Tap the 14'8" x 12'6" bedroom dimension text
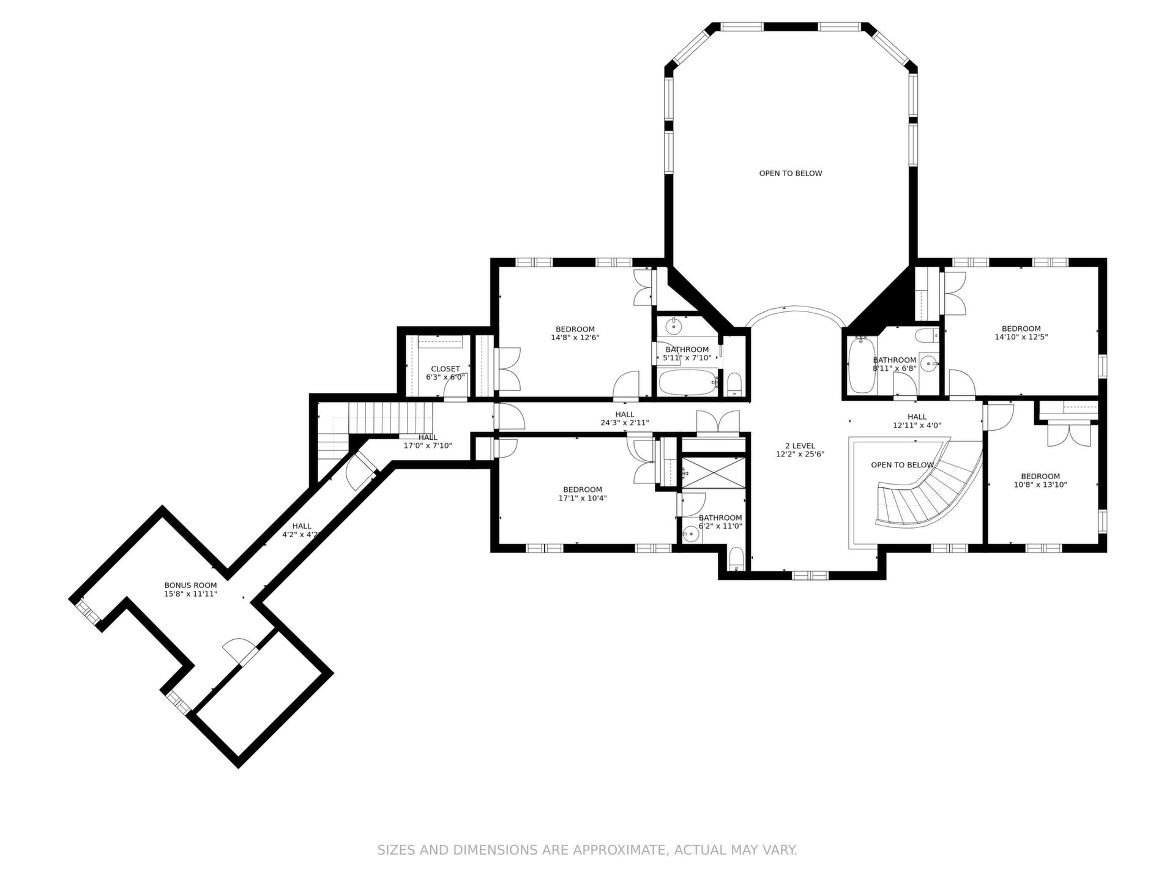click(x=575, y=337)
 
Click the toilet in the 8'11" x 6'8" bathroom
click(x=928, y=335)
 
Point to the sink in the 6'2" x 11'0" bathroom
click(x=691, y=534)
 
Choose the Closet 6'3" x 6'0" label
click(x=446, y=373)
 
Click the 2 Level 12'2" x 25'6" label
click(x=800, y=450)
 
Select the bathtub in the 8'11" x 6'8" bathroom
click(x=862, y=366)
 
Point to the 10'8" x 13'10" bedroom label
click(x=1040, y=481)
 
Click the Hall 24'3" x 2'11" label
click(x=625, y=418)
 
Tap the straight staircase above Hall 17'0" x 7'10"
click(x=390, y=418)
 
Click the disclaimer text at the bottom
click(x=587, y=850)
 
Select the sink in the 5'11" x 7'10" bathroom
click(x=674, y=325)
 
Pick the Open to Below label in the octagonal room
click(x=791, y=173)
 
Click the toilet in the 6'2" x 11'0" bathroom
click(x=736, y=560)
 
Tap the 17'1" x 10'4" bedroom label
click(x=583, y=494)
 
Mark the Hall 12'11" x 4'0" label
click(x=917, y=421)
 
